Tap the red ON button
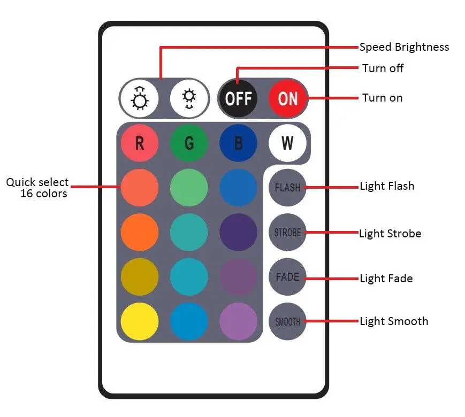click(x=288, y=98)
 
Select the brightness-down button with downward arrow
click(x=189, y=98)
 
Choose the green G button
click(x=189, y=143)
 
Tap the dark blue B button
click(x=238, y=143)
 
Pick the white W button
click(x=287, y=143)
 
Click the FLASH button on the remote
click(x=287, y=188)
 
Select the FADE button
click(x=287, y=277)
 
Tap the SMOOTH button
click(x=287, y=322)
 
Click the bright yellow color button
click(x=140, y=322)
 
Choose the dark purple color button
click(x=238, y=233)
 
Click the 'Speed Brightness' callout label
click(x=404, y=47)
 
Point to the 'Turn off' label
click(x=383, y=68)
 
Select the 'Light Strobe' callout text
click(x=390, y=234)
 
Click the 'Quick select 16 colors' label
click(x=37, y=188)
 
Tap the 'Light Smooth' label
click(x=394, y=321)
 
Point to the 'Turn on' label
click(x=382, y=98)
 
